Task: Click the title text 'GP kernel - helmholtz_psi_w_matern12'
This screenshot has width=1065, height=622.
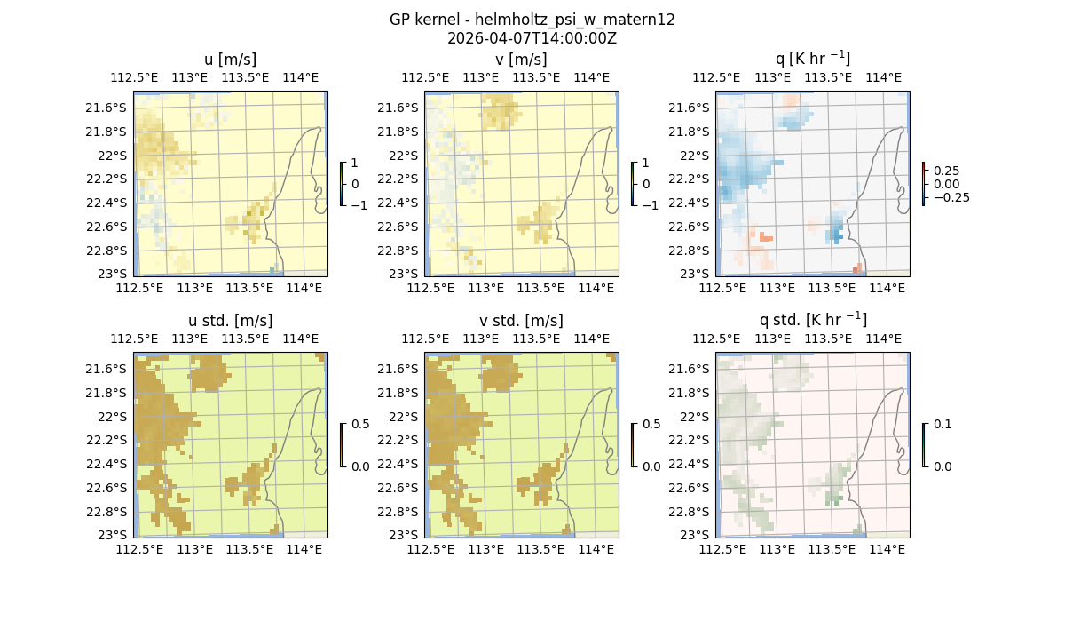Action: point(532,20)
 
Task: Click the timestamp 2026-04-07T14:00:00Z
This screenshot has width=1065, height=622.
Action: point(532,38)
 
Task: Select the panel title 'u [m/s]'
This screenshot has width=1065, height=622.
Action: point(230,60)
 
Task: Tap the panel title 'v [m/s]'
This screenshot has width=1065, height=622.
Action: point(521,60)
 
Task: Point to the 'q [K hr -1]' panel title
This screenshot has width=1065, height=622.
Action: point(812,59)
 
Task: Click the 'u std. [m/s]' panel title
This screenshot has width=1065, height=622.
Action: point(230,321)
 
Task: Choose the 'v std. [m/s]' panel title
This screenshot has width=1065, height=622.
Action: point(521,321)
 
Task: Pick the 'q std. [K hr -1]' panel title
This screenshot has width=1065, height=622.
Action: point(812,320)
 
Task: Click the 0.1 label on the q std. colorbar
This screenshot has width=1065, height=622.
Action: point(942,425)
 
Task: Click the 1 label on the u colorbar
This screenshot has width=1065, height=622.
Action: point(355,163)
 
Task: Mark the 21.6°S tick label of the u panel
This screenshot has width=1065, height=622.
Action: point(112,108)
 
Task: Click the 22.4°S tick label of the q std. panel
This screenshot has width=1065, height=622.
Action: point(694,464)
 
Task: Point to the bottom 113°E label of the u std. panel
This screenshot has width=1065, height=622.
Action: point(195,549)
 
